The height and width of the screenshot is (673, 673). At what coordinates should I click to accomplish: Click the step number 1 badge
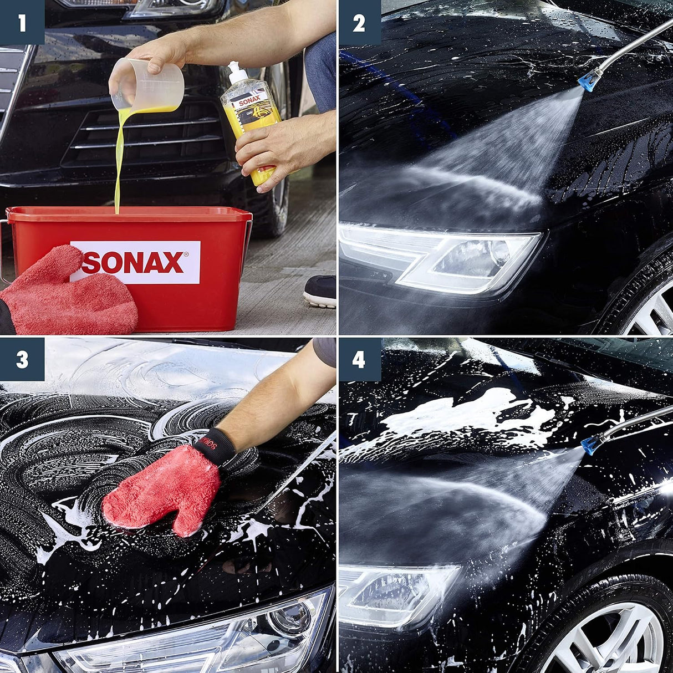coord(22,23)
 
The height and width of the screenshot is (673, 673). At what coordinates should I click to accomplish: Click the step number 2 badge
coord(359,23)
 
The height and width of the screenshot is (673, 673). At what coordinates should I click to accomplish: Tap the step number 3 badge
coord(22,360)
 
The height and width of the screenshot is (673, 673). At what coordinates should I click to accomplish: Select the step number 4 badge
coord(359,360)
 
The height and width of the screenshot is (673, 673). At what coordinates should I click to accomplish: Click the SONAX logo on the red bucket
coord(135,262)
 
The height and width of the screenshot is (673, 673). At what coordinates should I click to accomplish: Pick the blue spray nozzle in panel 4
coord(592,444)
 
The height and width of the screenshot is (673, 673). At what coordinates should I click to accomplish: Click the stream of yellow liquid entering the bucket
coord(118,166)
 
